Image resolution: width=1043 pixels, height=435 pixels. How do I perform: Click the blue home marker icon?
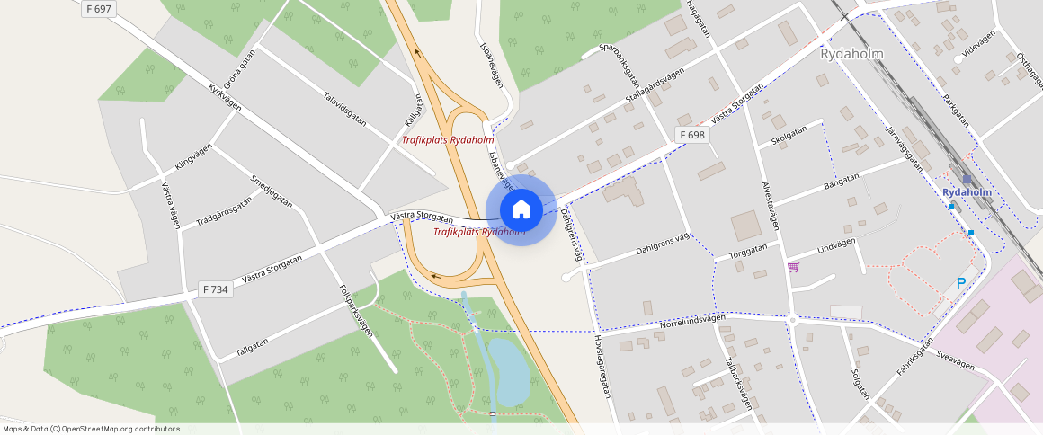tap(521, 210)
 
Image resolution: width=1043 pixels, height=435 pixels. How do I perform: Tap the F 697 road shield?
tap(100, 9)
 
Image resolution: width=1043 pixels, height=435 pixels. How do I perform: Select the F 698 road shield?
tap(692, 135)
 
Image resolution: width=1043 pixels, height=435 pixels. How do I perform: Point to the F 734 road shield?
tap(216, 289)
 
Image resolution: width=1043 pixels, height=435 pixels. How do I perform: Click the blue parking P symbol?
tap(960, 284)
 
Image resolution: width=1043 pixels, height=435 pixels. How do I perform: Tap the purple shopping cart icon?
tap(793, 266)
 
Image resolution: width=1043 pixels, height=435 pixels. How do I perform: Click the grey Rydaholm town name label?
tap(851, 54)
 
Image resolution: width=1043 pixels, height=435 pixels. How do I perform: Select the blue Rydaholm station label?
tap(967, 192)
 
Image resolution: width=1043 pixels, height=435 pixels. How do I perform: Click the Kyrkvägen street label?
tap(225, 97)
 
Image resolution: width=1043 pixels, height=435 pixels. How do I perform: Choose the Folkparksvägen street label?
tap(356, 311)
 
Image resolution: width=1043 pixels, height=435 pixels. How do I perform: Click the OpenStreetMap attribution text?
tap(91, 429)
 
